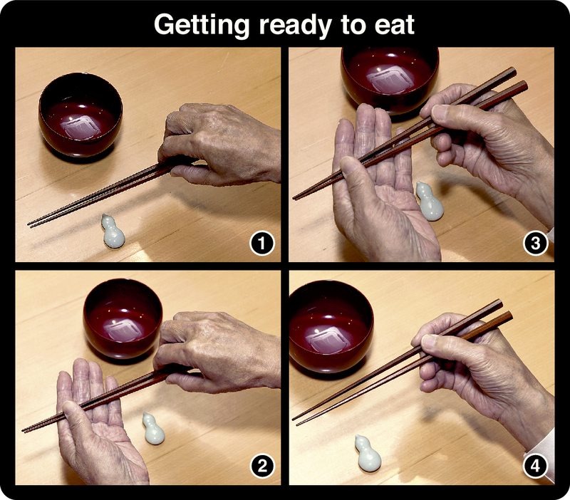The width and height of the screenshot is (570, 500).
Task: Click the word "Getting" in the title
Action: [202, 25]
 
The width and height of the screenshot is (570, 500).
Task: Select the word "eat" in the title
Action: [395, 25]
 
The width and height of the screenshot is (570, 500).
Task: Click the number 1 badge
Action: [261, 244]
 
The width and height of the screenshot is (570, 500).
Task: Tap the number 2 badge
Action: [262, 467]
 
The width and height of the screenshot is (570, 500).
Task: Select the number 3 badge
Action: [536, 244]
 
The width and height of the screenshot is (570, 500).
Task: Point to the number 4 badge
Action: [536, 466]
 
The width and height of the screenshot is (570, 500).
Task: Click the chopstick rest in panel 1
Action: [113, 231]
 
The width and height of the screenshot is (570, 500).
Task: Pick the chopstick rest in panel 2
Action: [153, 429]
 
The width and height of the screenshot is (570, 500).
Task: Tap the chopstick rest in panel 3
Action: [430, 201]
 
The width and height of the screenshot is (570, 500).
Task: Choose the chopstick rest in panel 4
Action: [368, 453]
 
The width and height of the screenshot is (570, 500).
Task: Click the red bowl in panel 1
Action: [81, 115]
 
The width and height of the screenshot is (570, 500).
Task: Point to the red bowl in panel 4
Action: [331, 326]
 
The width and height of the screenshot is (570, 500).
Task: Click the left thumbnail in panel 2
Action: [70, 408]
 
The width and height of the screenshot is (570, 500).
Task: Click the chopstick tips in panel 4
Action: [295, 421]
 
